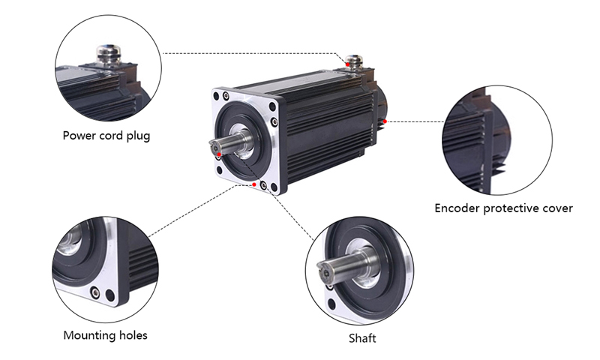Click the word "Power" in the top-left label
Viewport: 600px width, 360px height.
[x=79, y=136]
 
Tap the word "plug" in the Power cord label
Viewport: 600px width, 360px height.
[x=137, y=136]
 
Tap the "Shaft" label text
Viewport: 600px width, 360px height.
[x=362, y=338]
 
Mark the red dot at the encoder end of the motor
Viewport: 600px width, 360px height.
[x=385, y=119]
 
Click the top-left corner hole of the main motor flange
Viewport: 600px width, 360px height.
[x=223, y=96]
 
